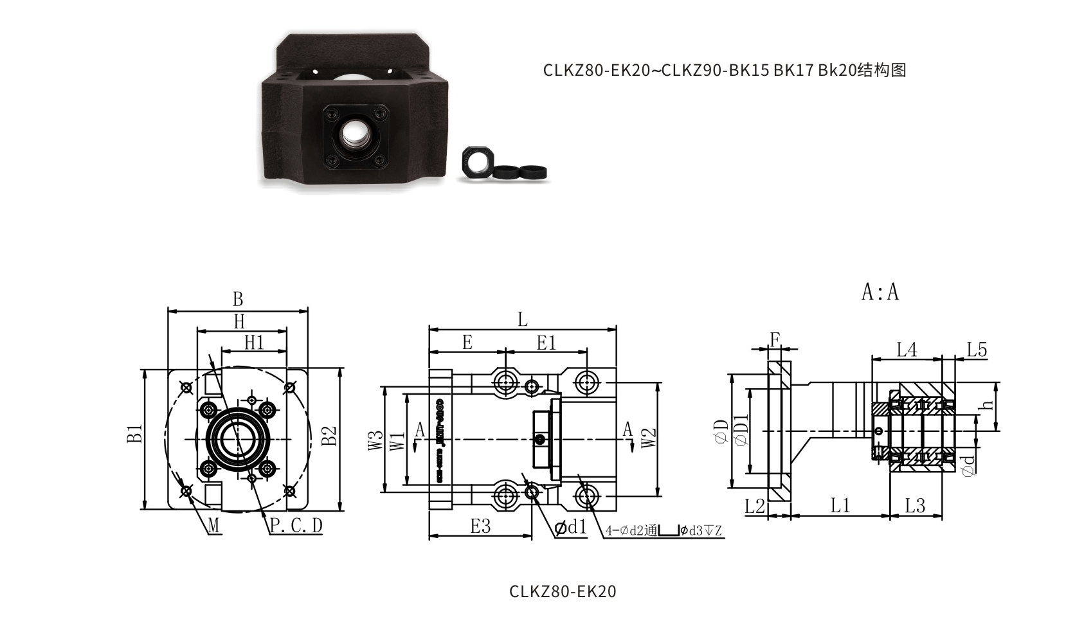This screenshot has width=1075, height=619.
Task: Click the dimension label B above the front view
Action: [238, 299]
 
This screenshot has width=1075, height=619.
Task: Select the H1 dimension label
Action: [254, 343]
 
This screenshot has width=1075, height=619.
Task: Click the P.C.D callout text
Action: [295, 526]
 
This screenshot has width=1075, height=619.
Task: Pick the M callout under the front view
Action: [214, 526]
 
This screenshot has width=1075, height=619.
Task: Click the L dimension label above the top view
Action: [522, 319]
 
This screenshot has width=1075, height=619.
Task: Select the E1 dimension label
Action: [546, 343]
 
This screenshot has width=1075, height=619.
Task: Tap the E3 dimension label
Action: [480, 526]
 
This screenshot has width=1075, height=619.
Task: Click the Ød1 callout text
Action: [571, 528]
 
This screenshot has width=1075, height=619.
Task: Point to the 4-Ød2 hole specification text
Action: [663, 531]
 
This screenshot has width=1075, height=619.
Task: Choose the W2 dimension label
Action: [649, 438]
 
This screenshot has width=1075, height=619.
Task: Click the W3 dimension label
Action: [375, 440]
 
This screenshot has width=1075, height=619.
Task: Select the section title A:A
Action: [880, 292]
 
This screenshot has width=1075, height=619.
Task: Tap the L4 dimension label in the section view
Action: [907, 350]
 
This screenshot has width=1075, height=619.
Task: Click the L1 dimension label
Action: [840, 505]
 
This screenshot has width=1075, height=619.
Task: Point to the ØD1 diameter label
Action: [741, 430]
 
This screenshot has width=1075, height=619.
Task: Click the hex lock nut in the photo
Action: [476, 163]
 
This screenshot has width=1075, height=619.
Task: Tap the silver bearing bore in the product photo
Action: [353, 134]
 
